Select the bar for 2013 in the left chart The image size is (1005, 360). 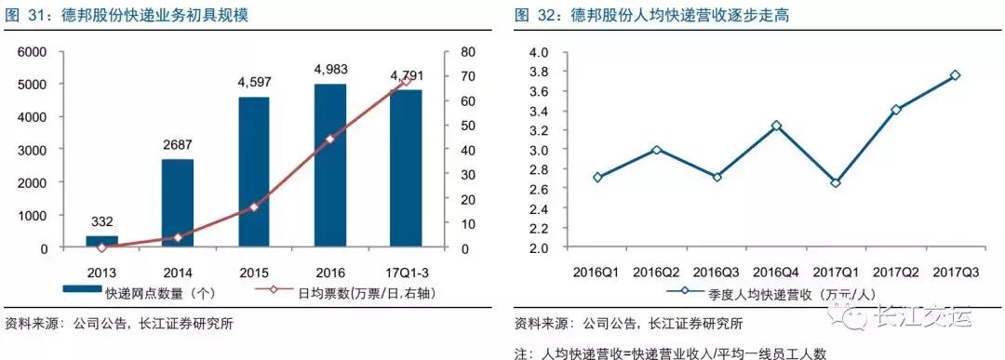point(101,242)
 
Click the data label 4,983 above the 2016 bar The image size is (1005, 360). point(330,69)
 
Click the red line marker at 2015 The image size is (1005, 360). point(254,207)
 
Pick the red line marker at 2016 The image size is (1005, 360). point(330,139)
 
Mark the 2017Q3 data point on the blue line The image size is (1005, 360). point(956,75)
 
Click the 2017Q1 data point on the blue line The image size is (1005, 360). point(836,183)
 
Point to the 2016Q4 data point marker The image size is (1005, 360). point(776,126)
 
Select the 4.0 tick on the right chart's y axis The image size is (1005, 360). point(539,52)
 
